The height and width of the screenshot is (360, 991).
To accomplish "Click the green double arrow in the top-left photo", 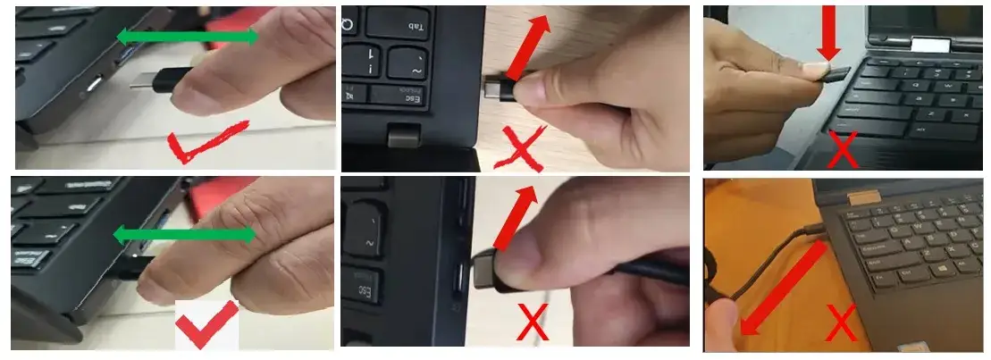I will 189,37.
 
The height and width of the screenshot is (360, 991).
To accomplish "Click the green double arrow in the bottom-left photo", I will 184,236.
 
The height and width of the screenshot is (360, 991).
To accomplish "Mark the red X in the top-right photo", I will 843,149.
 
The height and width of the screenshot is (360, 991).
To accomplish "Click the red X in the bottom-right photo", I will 841,323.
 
